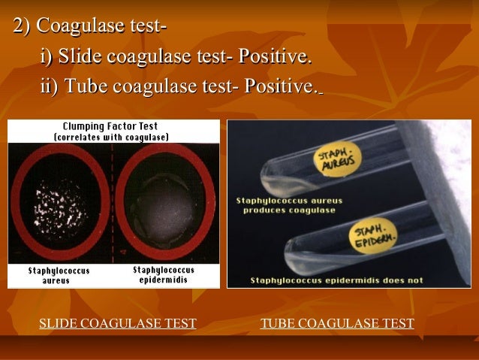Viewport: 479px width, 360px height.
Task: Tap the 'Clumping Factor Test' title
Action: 110,126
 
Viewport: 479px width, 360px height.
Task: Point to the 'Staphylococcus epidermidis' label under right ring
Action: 163,274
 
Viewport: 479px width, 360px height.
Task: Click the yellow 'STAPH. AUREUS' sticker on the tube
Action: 336,160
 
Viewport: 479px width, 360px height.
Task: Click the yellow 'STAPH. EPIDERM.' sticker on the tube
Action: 372,236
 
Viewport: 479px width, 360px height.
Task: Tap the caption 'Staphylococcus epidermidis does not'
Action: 336,280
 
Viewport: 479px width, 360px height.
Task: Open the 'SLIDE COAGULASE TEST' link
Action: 117,324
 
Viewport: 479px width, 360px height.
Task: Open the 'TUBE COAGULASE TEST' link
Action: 337,324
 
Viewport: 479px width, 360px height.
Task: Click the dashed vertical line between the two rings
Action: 112,203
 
